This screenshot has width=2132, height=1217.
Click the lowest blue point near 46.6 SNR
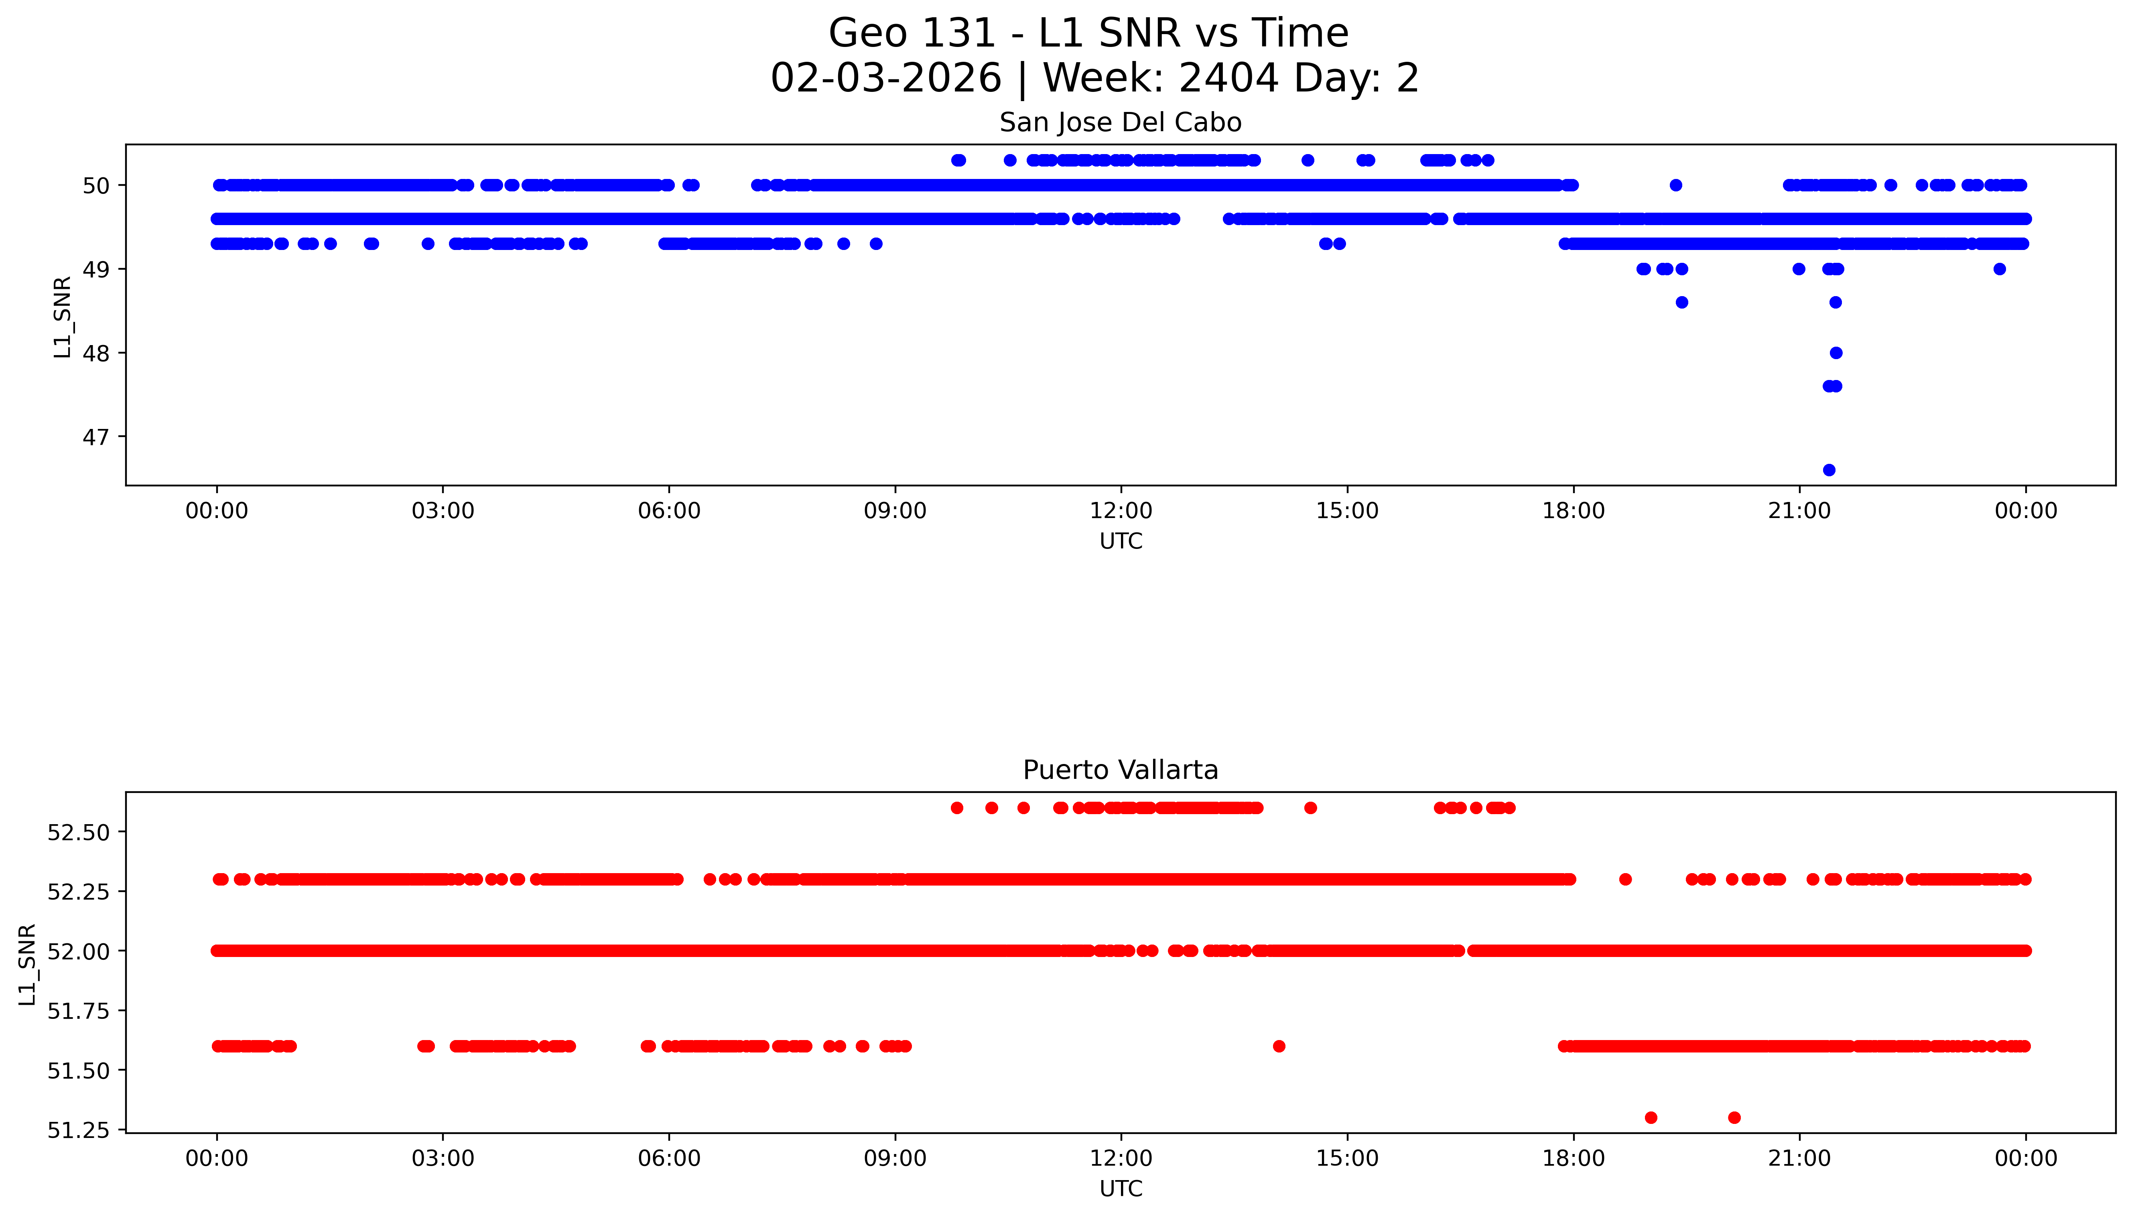coord(1829,470)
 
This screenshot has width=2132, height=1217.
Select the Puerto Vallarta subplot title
coord(1120,770)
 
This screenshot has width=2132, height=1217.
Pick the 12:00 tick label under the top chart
coord(1121,511)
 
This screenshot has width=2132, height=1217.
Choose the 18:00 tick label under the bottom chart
coord(1573,1158)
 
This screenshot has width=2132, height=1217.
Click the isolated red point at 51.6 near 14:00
coord(1279,1046)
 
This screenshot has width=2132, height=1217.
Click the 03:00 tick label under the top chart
coord(443,511)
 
